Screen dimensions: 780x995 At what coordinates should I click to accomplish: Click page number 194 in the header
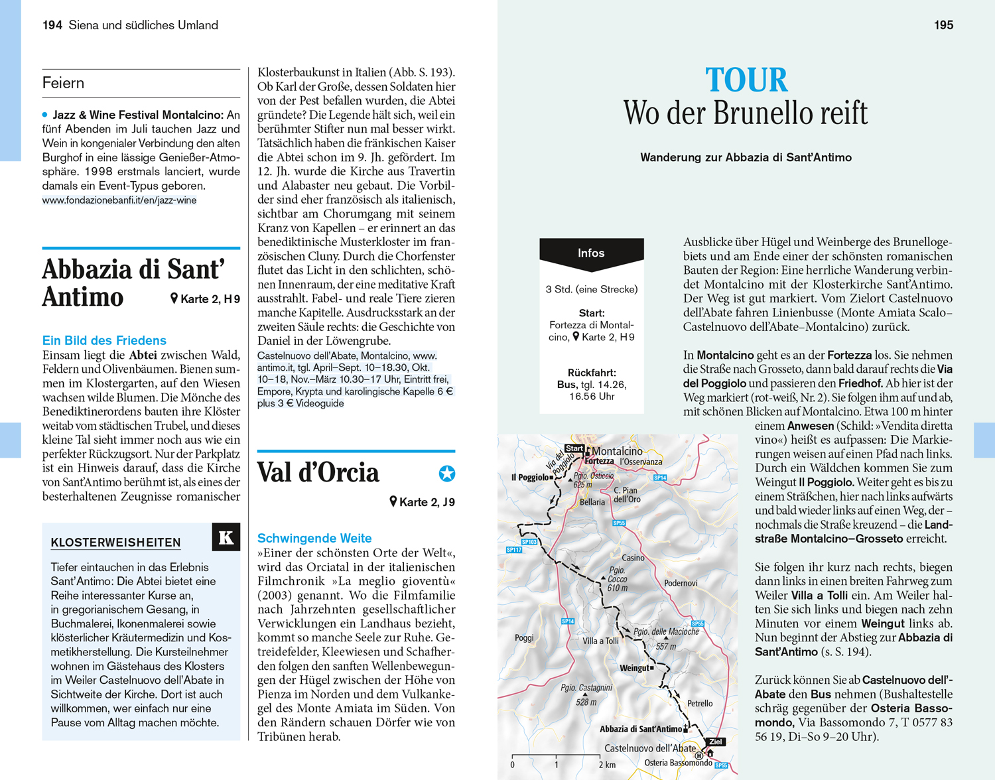52,25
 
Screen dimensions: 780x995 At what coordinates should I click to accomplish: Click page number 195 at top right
943,25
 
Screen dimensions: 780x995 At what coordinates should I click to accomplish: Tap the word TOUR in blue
746,80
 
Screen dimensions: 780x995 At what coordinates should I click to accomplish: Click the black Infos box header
591,253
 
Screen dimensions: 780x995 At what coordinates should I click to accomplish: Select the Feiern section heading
64,83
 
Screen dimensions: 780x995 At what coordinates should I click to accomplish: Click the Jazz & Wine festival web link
119,200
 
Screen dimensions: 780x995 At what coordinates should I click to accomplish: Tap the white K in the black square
226,537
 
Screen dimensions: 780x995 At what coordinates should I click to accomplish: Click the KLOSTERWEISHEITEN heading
115,543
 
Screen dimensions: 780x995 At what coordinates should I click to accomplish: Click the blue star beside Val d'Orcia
447,473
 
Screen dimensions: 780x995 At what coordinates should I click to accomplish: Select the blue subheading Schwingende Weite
314,539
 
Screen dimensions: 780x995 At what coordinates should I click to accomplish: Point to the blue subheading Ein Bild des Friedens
104,340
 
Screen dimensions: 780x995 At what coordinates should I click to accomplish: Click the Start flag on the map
574,448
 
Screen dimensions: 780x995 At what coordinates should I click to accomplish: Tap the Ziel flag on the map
715,742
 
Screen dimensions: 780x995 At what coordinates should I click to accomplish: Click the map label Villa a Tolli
600,641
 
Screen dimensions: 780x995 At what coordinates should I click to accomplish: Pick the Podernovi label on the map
681,583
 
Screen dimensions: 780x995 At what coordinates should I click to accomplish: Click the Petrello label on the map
700,703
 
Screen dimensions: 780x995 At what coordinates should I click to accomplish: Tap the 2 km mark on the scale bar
606,765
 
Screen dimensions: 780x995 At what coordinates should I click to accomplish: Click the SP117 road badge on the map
514,550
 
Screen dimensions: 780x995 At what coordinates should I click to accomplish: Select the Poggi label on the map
524,638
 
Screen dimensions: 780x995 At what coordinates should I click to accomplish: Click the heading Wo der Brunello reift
746,113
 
